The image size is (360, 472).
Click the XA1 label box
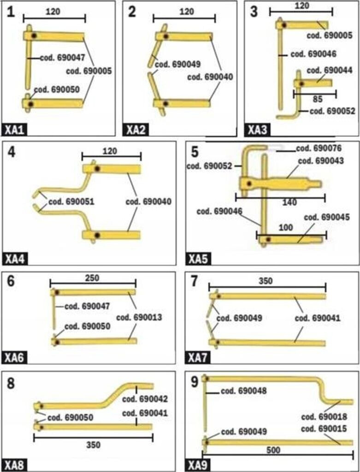(x=14, y=130)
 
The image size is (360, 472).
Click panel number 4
(x=11, y=151)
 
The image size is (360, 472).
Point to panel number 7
(x=194, y=281)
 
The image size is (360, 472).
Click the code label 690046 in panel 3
(x=313, y=54)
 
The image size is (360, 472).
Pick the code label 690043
(x=321, y=161)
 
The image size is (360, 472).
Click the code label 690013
(x=139, y=318)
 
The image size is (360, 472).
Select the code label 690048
(x=244, y=391)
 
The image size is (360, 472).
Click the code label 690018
(x=324, y=418)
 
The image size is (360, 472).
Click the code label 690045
(x=327, y=218)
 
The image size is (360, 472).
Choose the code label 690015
(x=324, y=429)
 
